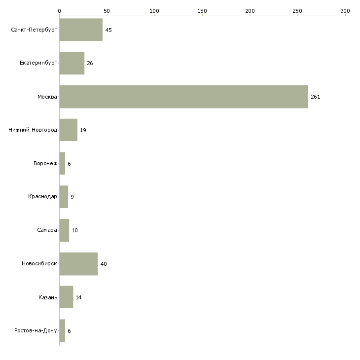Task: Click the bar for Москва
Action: coord(183,97)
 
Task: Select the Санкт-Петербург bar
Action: coord(81,30)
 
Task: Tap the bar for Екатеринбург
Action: coord(72,63)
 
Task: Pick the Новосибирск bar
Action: coord(78,264)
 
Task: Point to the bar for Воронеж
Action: coord(62,163)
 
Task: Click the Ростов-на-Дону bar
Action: coord(62,330)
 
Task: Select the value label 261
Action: coord(316,97)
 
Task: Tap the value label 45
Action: coord(108,30)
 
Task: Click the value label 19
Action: coord(83,130)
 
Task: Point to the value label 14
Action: coord(78,297)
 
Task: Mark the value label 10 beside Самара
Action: coord(74,230)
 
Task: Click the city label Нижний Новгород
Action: coord(33,130)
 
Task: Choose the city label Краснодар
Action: coord(42,197)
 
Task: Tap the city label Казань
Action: coord(48,297)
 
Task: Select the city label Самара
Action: coord(47,230)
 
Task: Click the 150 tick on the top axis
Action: coord(202,11)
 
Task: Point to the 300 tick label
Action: coord(345,11)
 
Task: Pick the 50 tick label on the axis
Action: coord(107,11)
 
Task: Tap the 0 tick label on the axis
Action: coord(60,11)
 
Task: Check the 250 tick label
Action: coord(297,11)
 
